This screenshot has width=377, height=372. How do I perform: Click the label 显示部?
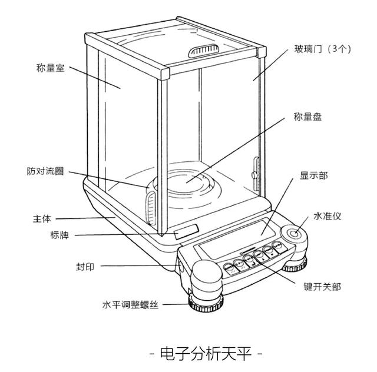click(x=314, y=175)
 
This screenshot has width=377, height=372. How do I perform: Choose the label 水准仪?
click(x=328, y=216)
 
